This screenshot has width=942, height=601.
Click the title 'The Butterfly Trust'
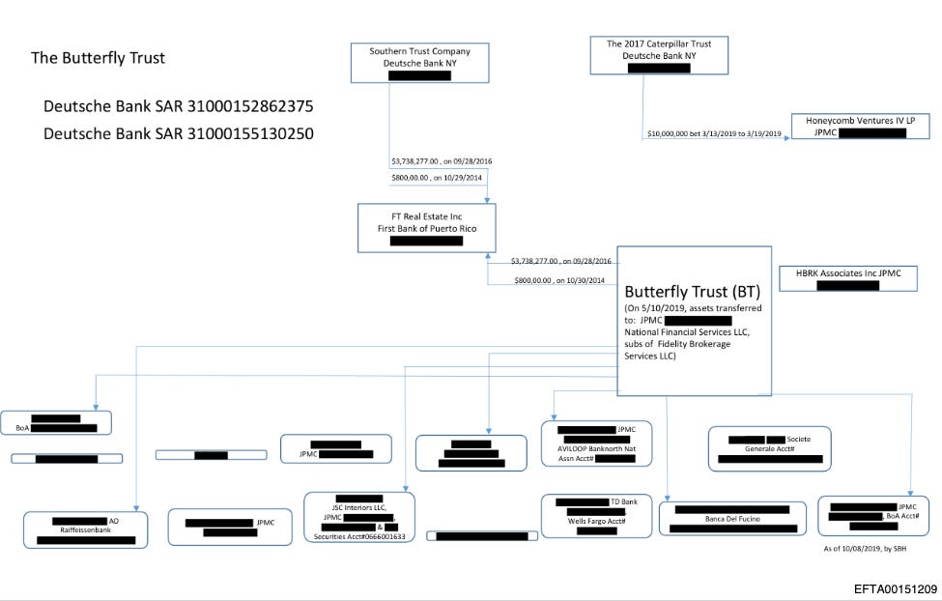coord(98,58)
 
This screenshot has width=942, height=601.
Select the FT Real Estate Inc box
coord(426,228)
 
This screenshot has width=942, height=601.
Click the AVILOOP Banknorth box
coord(596,444)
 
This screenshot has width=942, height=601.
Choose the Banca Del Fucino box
coord(731,519)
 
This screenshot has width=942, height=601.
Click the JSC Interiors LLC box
coord(358,518)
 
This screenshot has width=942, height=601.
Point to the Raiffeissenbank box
coord(87,529)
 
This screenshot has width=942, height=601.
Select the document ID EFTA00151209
coord(896,587)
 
